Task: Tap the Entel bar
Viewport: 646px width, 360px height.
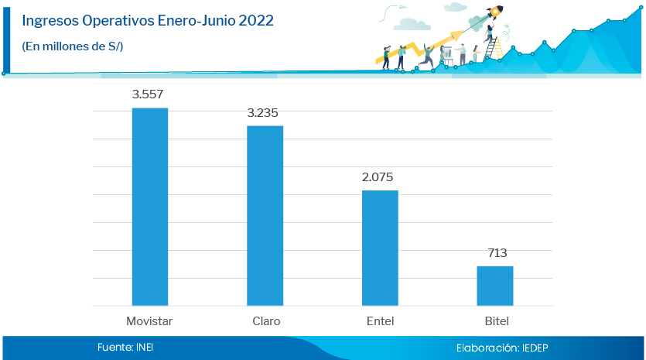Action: click(380, 248)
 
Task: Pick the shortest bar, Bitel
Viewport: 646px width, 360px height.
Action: click(494, 286)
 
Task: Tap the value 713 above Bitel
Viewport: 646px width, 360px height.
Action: click(497, 253)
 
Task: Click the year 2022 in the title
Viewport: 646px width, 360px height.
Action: click(255, 21)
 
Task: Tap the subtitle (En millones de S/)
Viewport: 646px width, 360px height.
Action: click(73, 46)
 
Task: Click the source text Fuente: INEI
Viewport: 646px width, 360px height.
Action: click(125, 348)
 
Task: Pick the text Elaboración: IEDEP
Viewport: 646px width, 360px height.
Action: click(502, 348)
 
